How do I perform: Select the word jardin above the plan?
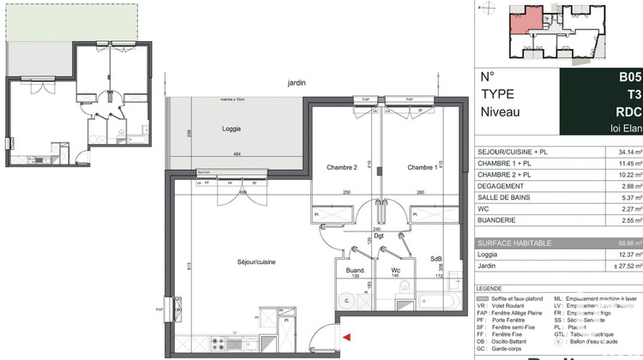[x=297, y=82]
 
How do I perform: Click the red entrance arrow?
[x=347, y=339]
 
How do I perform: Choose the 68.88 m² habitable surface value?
[x=619, y=243]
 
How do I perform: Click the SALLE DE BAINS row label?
[x=508, y=198]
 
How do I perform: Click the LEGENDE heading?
[x=493, y=288]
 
